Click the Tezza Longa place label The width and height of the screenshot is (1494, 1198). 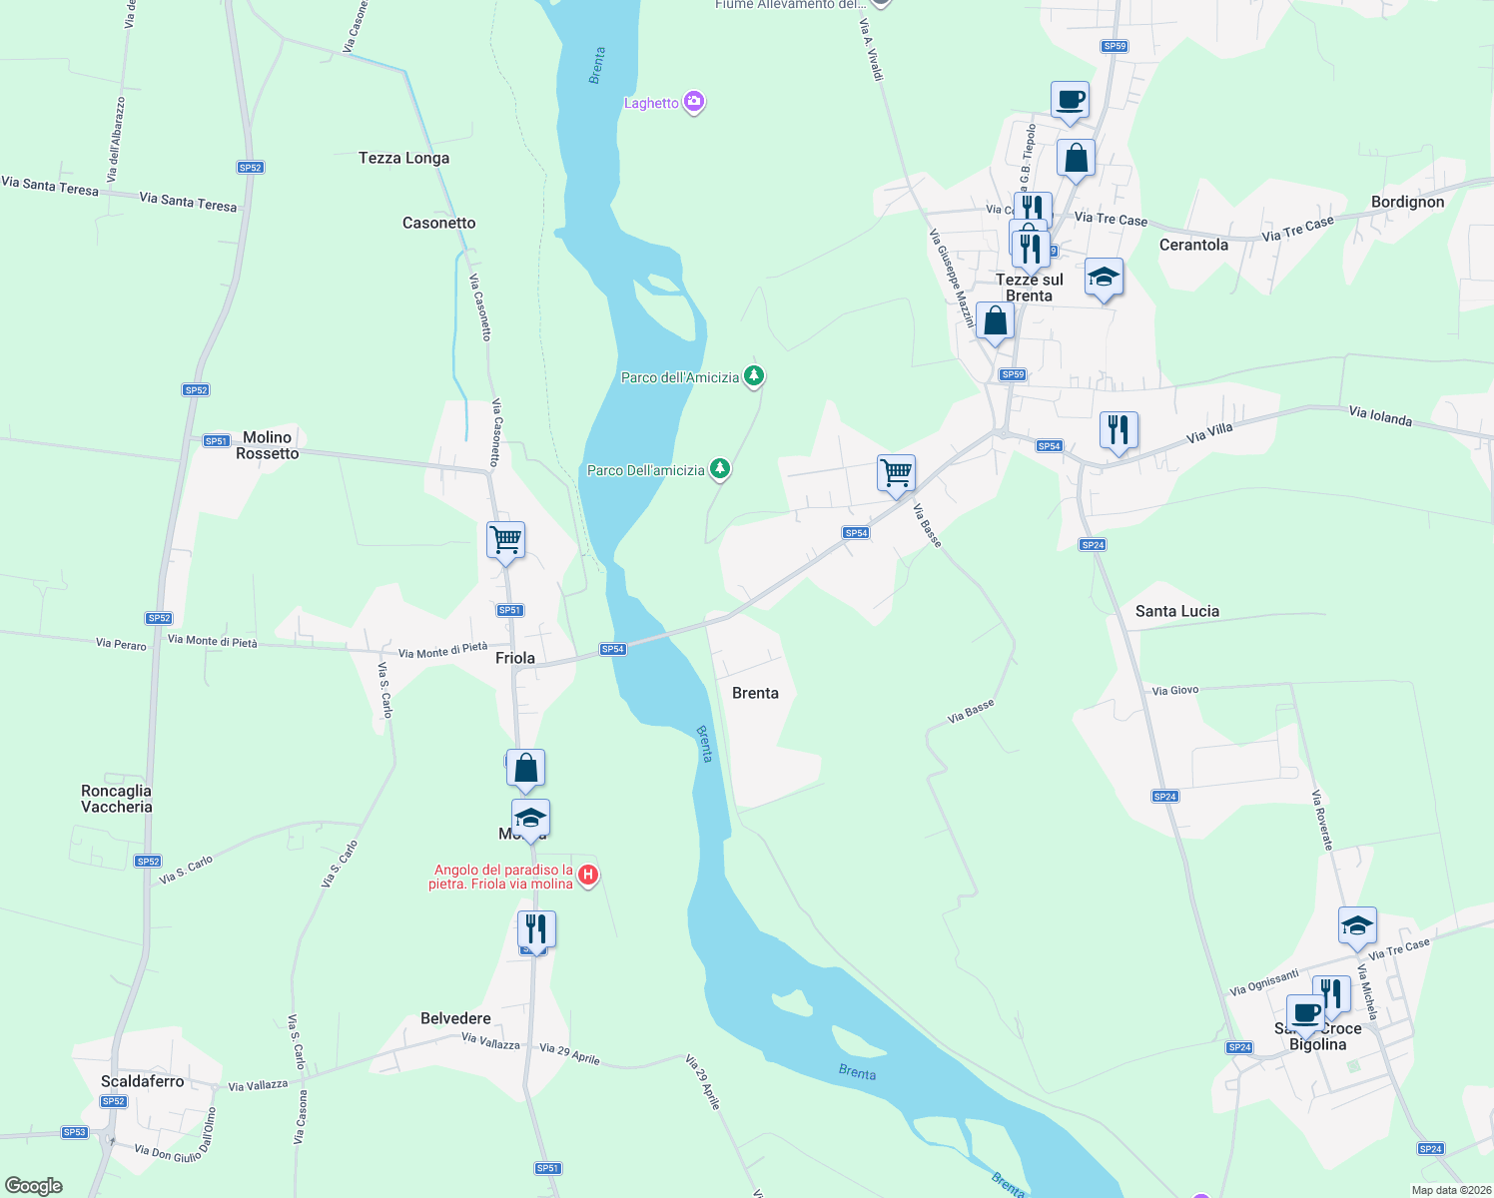click(403, 158)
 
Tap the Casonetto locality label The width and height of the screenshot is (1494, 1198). click(438, 223)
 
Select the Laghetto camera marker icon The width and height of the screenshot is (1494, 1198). click(694, 102)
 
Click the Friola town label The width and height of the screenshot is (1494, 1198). click(515, 658)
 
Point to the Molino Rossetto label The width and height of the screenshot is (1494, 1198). click(267, 445)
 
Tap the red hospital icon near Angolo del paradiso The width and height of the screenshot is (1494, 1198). click(588, 876)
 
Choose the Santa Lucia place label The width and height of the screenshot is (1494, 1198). click(1176, 611)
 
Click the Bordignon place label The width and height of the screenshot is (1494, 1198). click(1407, 202)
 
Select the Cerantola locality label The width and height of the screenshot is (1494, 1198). click(1193, 245)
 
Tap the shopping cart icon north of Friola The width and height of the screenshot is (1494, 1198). click(505, 539)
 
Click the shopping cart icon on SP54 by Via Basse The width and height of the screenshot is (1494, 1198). click(896, 472)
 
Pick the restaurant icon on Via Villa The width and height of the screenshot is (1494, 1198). click(1119, 430)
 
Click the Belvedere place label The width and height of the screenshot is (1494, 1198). click(455, 1018)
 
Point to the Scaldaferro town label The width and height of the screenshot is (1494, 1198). click(143, 1081)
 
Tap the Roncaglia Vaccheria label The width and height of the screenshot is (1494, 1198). click(117, 799)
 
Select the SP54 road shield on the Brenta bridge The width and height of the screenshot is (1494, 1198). click(612, 649)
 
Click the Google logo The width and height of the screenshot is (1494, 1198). click(33, 1186)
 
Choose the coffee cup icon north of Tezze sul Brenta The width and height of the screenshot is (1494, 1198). click(1070, 99)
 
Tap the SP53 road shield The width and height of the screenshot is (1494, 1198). click(75, 1132)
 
